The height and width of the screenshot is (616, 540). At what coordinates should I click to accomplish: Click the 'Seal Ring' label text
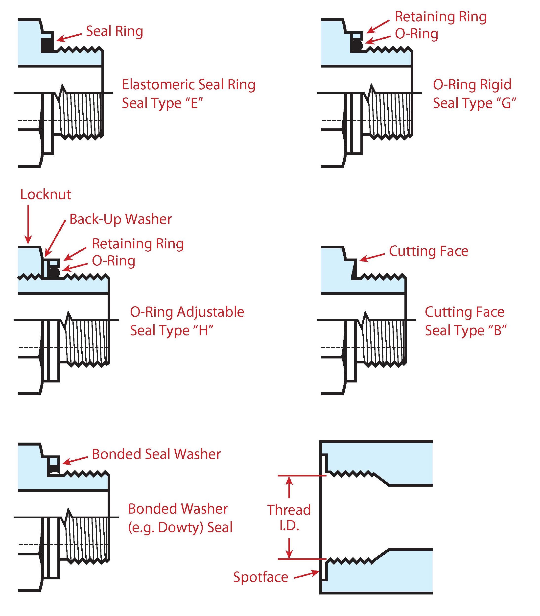click(x=115, y=31)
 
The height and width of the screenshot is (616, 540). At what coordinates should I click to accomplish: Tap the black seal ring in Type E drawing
click(x=47, y=45)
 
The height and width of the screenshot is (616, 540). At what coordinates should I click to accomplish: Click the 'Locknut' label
click(x=46, y=195)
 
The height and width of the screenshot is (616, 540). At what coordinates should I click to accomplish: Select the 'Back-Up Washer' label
click(x=120, y=219)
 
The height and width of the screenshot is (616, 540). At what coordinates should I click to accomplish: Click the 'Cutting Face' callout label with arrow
click(x=428, y=251)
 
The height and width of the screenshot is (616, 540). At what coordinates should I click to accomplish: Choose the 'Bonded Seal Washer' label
click(x=156, y=454)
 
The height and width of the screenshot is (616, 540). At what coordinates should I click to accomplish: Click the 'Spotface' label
click(x=261, y=577)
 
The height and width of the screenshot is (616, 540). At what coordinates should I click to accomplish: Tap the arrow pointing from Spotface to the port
click(x=306, y=574)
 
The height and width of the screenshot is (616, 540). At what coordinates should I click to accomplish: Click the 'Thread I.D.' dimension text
click(x=289, y=518)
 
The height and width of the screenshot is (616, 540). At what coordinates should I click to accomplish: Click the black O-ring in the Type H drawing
click(x=54, y=273)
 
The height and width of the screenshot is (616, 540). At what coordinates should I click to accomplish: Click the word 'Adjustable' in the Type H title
click(x=210, y=312)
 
